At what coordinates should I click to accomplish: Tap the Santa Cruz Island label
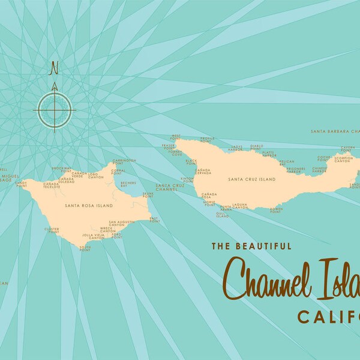tap(251, 179)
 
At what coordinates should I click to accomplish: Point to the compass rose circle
tap(55, 109)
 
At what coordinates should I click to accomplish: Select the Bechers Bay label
tap(128, 185)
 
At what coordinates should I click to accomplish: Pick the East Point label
tap(154, 220)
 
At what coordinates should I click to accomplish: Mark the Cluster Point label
tap(52, 230)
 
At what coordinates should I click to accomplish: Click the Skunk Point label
tap(148, 195)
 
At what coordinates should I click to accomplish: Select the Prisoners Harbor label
tap(295, 170)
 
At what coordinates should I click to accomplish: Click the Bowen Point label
tap(276, 210)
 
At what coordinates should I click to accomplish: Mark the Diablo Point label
tap(257, 147)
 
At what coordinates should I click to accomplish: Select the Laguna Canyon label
tap(240, 206)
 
